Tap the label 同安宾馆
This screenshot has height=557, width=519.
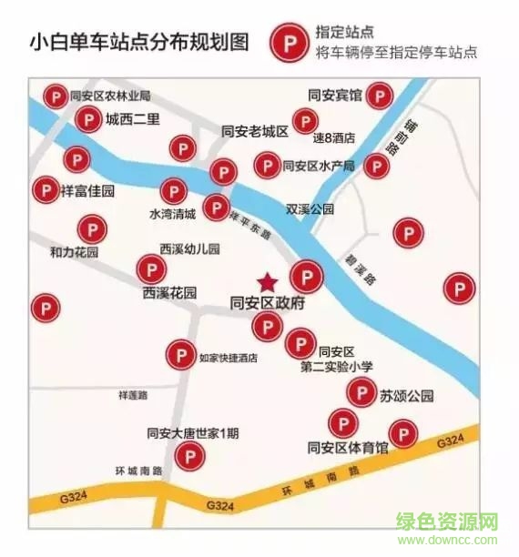click(x=334, y=95)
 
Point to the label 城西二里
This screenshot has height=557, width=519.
click(x=132, y=118)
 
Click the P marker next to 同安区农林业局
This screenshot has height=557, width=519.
click(x=55, y=96)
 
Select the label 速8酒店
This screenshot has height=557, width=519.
click(x=333, y=139)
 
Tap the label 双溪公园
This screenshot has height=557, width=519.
click(x=310, y=208)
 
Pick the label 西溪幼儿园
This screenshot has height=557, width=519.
click(x=189, y=248)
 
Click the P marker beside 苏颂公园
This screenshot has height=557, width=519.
click(x=361, y=394)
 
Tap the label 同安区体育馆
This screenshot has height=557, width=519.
click(x=349, y=448)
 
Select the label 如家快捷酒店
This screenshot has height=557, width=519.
click(x=228, y=358)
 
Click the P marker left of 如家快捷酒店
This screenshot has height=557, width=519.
click(x=180, y=354)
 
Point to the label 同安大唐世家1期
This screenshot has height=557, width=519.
click(x=193, y=433)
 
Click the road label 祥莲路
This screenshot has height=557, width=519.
click(x=133, y=395)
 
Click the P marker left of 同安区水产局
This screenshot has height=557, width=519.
click(x=266, y=165)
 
